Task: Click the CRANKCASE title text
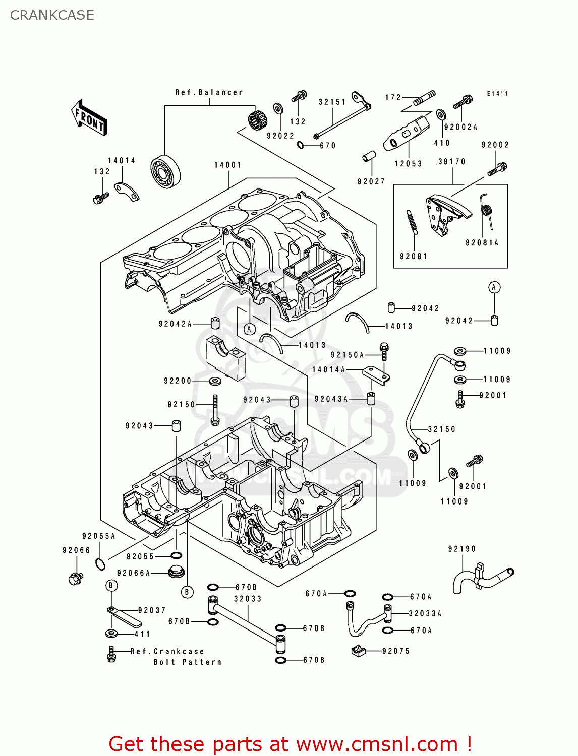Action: (52, 15)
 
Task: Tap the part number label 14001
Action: (227, 165)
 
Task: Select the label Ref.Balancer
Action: (209, 92)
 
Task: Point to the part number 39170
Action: (451, 162)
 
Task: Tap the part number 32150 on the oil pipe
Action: (441, 429)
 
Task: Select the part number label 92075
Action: (396, 651)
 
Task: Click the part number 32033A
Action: (425, 614)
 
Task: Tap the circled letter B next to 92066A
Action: (187, 592)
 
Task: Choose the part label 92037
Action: (151, 610)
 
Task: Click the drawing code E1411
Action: (497, 94)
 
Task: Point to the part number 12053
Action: (408, 164)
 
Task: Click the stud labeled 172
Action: (425, 98)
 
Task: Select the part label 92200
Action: (178, 381)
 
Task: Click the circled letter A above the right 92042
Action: (494, 287)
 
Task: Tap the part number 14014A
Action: (328, 370)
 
